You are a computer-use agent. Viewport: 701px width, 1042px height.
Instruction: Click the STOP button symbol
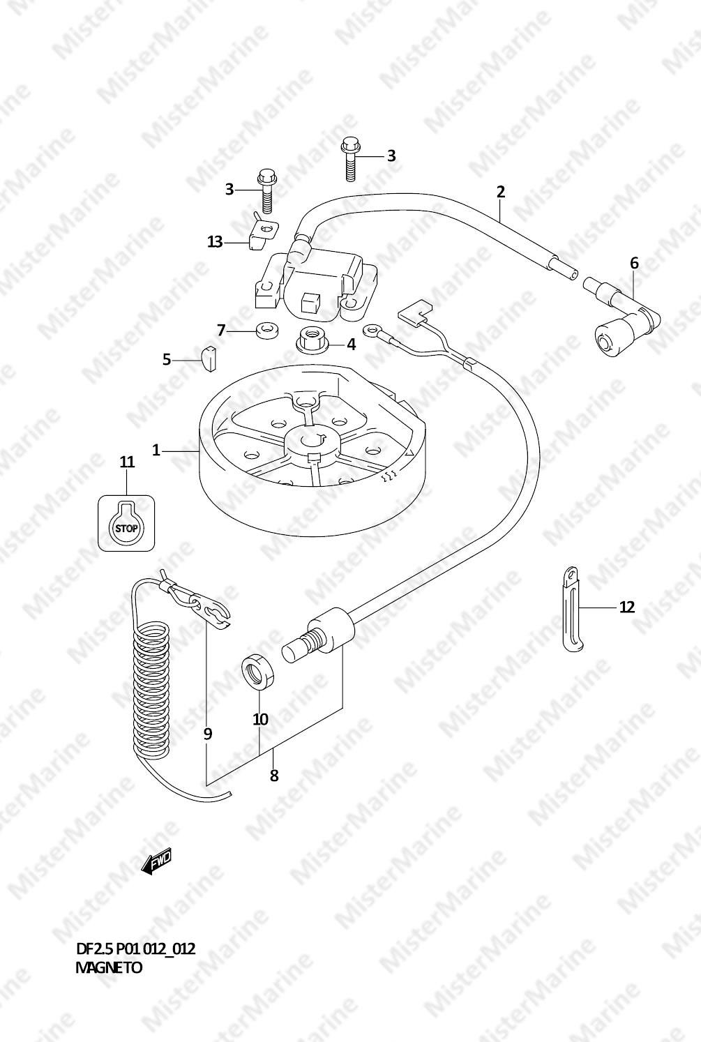[x=126, y=523]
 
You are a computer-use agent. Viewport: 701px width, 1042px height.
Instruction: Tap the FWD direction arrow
[x=156, y=861]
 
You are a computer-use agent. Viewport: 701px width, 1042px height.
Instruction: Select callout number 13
[x=215, y=242]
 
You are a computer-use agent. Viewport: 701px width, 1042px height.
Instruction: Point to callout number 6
[x=634, y=264]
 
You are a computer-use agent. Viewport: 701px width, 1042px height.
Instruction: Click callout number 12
[x=626, y=607]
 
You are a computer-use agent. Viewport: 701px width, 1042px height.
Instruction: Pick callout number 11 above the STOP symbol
[x=127, y=462]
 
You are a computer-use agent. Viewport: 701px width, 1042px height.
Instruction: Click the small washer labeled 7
[x=267, y=331]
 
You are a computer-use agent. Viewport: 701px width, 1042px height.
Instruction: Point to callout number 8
[x=274, y=776]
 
